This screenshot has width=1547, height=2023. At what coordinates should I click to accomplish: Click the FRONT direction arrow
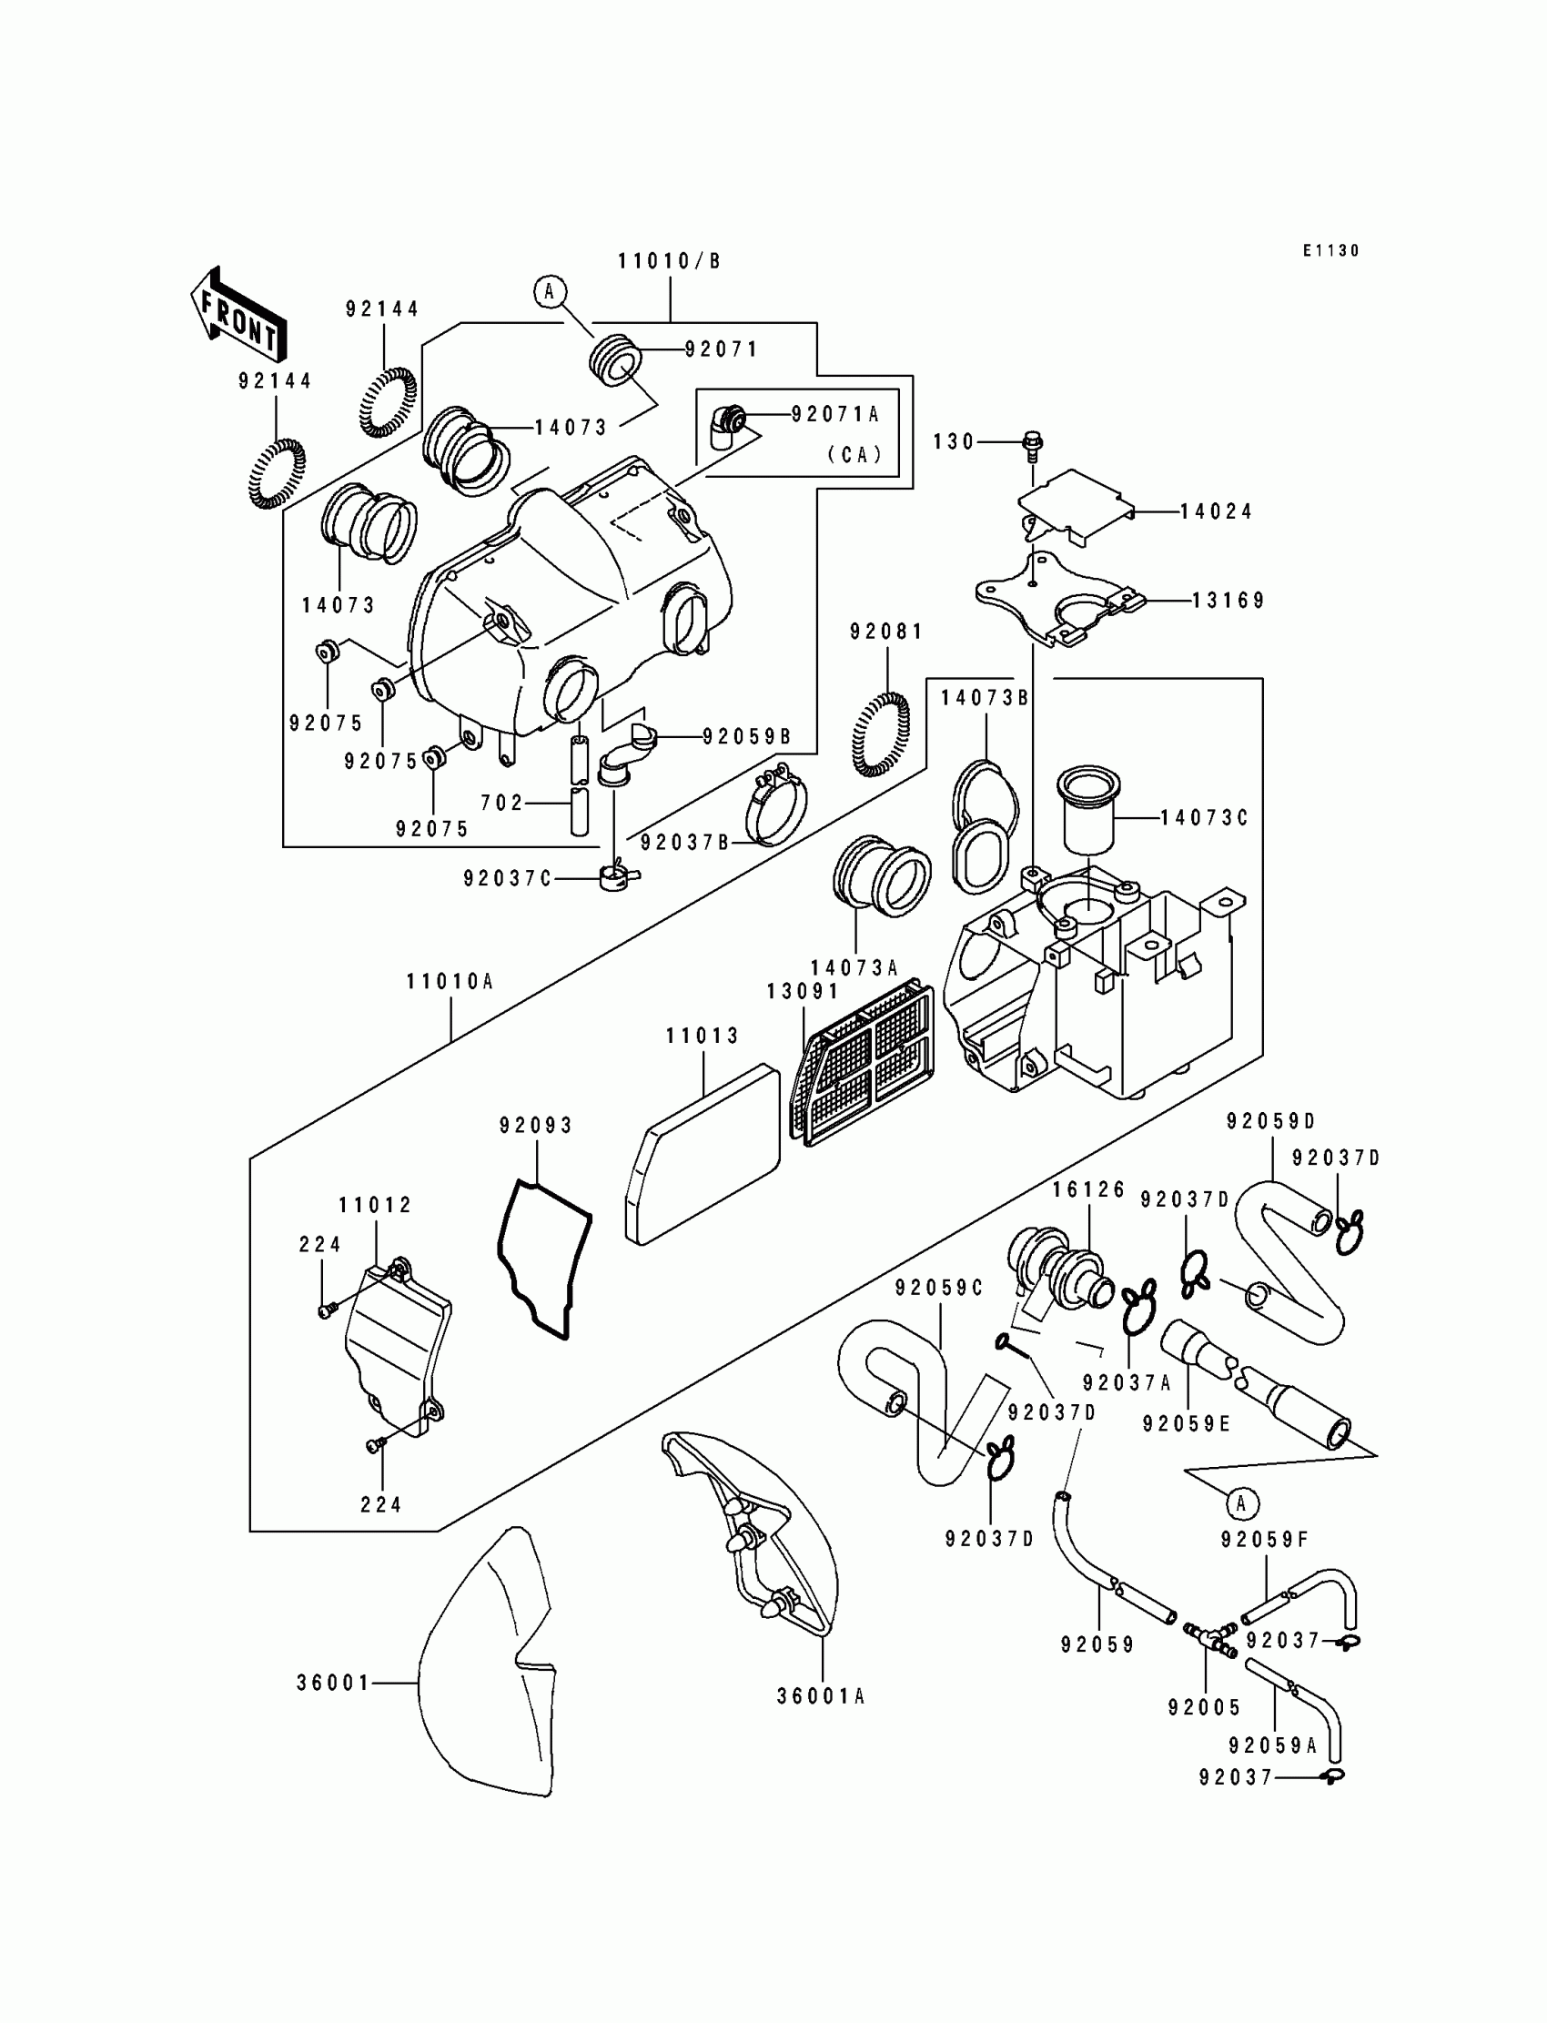click(238, 315)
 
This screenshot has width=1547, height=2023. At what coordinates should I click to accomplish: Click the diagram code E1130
click(1330, 250)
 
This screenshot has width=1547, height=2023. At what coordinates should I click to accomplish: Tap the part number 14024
click(1217, 511)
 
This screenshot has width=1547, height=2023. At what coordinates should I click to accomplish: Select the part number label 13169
click(1229, 601)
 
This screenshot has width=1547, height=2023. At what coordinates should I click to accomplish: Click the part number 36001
click(333, 1684)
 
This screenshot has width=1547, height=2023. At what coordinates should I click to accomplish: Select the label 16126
click(1089, 1189)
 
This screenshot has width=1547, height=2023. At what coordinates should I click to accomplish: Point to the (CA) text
click(854, 454)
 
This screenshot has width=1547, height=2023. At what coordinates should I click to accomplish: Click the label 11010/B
click(670, 261)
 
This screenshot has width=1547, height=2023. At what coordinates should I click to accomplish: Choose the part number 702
click(501, 803)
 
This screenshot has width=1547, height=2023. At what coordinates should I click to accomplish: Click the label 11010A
click(450, 983)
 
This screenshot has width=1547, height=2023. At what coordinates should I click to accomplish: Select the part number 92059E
click(1187, 1424)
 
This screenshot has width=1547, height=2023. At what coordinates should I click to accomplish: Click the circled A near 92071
click(550, 292)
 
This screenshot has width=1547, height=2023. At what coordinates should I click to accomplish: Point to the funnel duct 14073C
click(1089, 809)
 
